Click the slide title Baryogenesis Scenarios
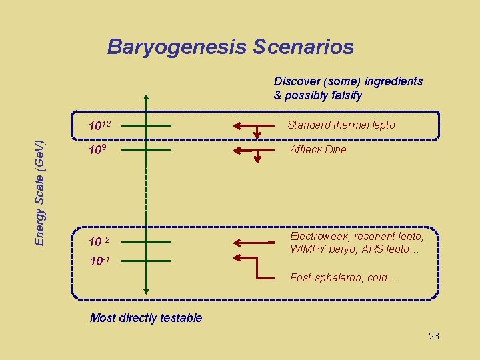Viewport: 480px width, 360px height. click(230, 47)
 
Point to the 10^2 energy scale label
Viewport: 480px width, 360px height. click(99, 241)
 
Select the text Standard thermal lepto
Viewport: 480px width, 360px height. click(341, 125)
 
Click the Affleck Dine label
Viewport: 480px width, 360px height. click(318, 149)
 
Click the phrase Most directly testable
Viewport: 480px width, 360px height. click(145, 318)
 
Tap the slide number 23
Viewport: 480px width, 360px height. click(433, 336)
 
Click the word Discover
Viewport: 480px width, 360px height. click(296, 81)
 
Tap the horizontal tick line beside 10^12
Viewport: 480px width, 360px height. click(146, 125)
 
